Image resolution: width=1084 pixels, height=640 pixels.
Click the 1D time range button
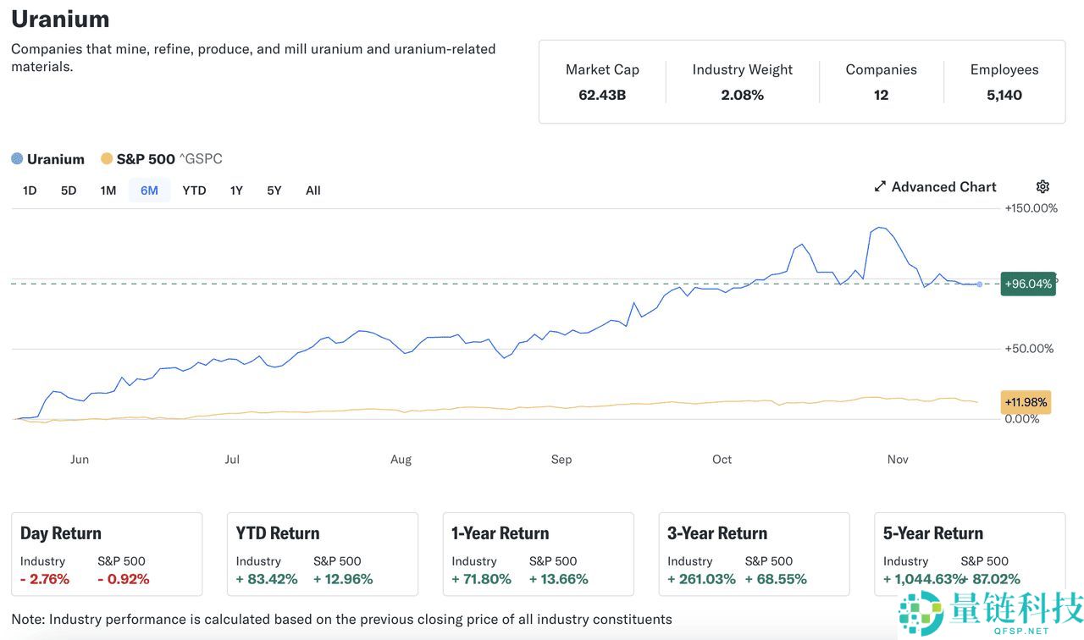tap(30, 190)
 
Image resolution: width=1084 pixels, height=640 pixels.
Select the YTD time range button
tap(194, 190)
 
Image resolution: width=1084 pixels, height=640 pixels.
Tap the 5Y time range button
tap(274, 190)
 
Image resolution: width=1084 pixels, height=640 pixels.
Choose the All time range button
tap(312, 190)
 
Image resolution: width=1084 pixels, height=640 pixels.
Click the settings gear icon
tap(1043, 187)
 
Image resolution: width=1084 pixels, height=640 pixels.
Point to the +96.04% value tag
tap(1028, 284)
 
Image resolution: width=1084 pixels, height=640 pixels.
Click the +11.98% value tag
tap(1026, 402)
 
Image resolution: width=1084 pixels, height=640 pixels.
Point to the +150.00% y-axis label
tap(1031, 208)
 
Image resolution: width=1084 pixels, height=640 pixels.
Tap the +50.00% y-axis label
tap(1029, 349)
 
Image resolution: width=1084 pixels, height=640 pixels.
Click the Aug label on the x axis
tap(401, 460)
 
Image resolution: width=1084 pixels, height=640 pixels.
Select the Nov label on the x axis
tap(898, 460)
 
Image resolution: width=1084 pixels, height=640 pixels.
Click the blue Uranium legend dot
tap(17, 159)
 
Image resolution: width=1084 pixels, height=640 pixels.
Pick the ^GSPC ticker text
tap(201, 159)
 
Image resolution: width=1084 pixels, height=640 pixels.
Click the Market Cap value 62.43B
tap(602, 95)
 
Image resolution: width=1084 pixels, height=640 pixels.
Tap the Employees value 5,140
tap(1004, 95)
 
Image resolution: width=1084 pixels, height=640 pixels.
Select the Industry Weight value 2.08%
tap(742, 95)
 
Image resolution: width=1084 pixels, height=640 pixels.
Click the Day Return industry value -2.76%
tap(45, 579)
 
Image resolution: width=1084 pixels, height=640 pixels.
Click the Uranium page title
tap(60, 19)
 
